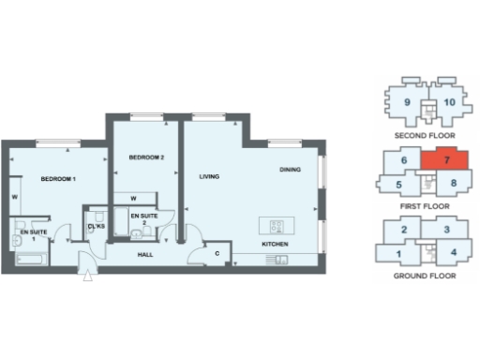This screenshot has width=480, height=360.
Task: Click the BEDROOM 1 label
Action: (x=57, y=178)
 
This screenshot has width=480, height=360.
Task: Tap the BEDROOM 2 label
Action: (x=146, y=158)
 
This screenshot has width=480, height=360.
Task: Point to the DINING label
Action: (x=290, y=170)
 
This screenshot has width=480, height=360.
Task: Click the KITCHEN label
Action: (x=275, y=245)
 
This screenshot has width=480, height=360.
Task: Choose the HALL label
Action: (x=144, y=253)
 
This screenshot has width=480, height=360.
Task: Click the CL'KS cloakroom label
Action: (x=96, y=226)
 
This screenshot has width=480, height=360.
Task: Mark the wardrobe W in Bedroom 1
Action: (x=14, y=197)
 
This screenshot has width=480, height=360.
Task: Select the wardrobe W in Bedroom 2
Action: (x=134, y=198)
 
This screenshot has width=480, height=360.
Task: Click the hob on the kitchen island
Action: (x=277, y=225)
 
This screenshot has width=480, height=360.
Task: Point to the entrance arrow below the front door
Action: (x=88, y=276)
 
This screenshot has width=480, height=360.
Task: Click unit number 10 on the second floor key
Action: (x=449, y=102)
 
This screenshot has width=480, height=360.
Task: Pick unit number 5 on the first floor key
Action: (x=398, y=185)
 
